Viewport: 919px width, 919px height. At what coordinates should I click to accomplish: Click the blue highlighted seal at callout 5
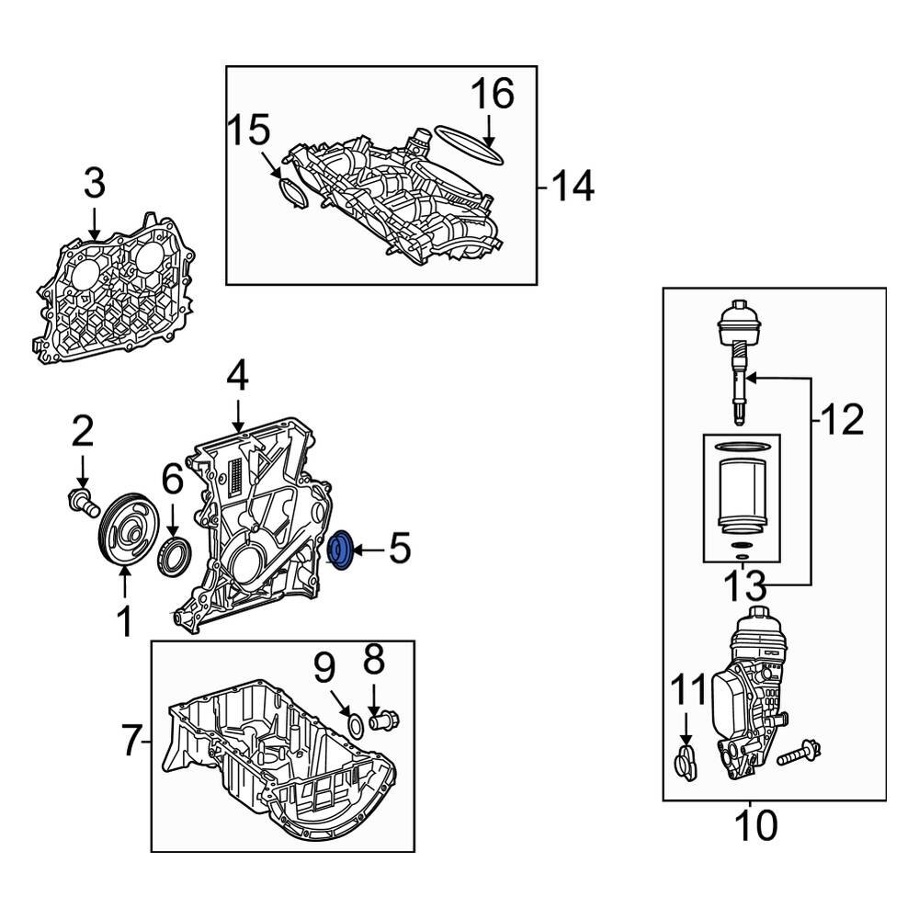tap(341, 550)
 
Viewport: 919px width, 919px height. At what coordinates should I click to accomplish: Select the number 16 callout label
tap(492, 95)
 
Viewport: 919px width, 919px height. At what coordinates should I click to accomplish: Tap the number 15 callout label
tap(249, 131)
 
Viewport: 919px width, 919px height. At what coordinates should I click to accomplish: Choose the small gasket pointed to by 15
tap(290, 195)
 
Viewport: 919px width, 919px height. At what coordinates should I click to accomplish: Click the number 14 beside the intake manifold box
tap(573, 187)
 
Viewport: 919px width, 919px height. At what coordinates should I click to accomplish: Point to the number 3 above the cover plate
tap(95, 185)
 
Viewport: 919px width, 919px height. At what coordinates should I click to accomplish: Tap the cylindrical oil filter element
tap(741, 496)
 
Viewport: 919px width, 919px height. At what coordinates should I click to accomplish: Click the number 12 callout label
tap(841, 421)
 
